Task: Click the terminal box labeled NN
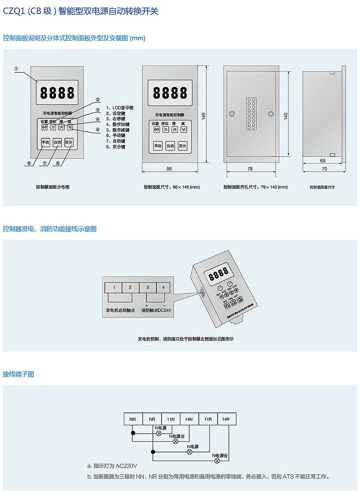coord(133,419)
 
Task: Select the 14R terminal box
coord(226,419)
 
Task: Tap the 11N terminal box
coord(171,419)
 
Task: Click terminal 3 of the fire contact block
coord(148,287)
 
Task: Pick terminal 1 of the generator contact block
coord(114,287)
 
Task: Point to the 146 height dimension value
coord(203,116)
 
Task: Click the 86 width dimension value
coord(169,169)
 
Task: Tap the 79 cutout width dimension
coord(250,169)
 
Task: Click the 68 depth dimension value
coord(322,161)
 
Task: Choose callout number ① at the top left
coord(16,68)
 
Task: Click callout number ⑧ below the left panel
coord(58,163)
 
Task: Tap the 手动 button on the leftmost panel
coord(45,142)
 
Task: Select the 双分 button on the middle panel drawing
coord(182,146)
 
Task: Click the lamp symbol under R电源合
coord(217,460)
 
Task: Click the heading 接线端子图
coord(18,374)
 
